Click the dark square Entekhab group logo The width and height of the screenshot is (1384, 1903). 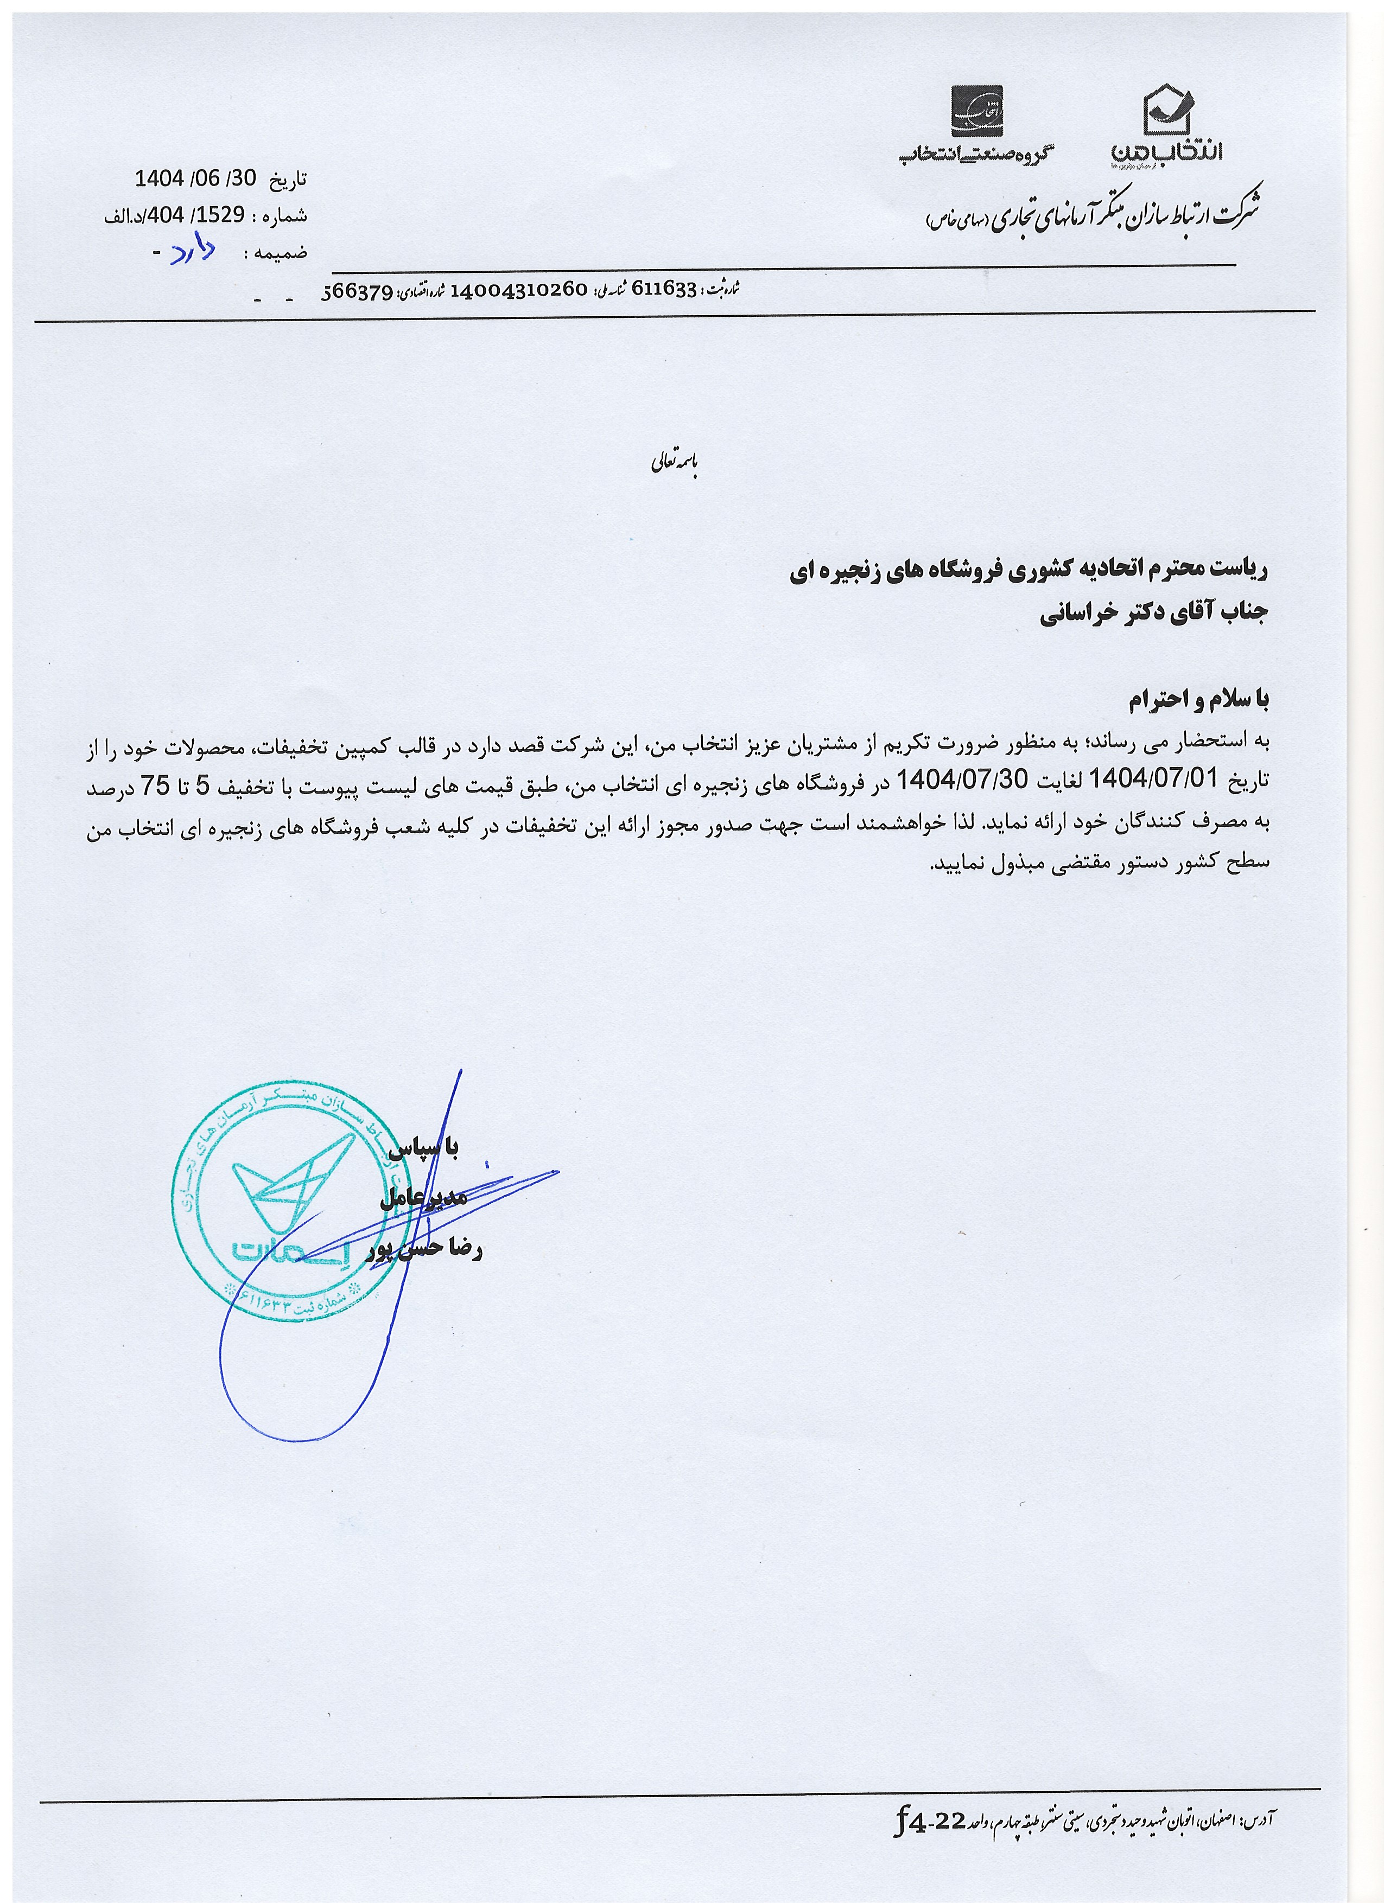pos(976,110)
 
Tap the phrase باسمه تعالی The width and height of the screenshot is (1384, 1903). pos(675,465)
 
